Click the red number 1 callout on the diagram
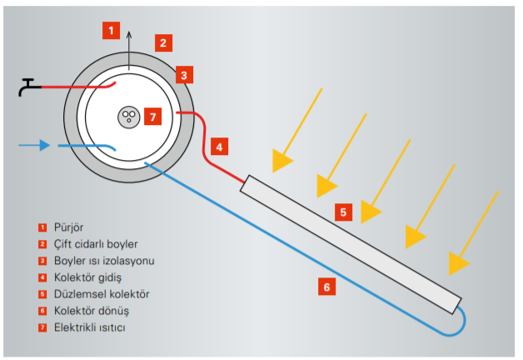[x=112, y=30]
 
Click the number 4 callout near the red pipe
[x=218, y=147]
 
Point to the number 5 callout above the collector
[x=343, y=212]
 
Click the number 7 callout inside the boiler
[x=151, y=117]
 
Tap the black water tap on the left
[x=30, y=86]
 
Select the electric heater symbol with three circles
[x=127, y=116]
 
